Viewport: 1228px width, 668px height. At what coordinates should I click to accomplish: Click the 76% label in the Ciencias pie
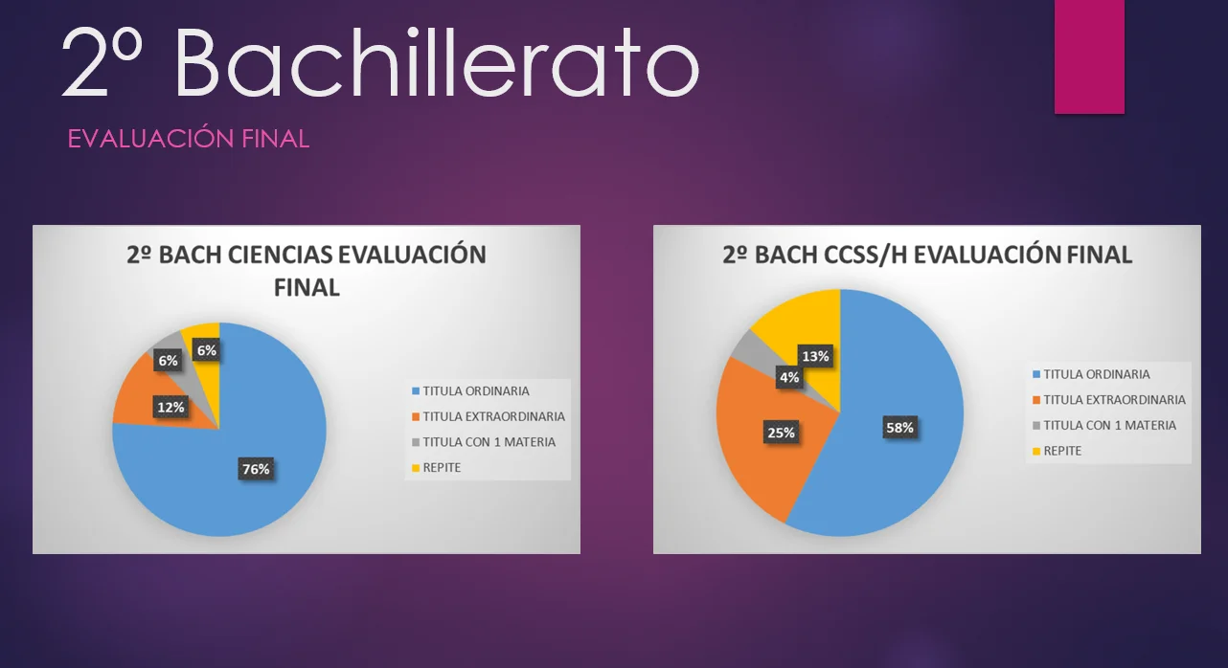point(256,469)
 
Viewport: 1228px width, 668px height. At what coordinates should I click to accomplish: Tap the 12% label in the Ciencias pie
point(171,408)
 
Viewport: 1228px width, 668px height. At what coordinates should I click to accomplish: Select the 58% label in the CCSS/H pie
point(899,428)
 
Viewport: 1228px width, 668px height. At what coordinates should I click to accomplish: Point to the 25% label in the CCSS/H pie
point(781,434)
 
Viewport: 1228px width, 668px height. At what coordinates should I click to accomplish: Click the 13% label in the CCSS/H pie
point(815,356)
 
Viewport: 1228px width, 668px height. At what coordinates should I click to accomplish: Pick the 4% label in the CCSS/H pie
point(789,377)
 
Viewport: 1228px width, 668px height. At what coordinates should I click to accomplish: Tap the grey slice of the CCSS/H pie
point(748,347)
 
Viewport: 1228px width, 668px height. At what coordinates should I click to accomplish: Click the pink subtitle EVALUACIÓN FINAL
point(188,139)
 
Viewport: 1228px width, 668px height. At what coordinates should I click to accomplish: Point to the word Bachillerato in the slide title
point(437,62)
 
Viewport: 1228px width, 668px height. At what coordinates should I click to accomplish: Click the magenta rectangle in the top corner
point(1089,56)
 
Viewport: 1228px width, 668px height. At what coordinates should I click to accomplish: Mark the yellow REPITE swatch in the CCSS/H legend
point(1036,452)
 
